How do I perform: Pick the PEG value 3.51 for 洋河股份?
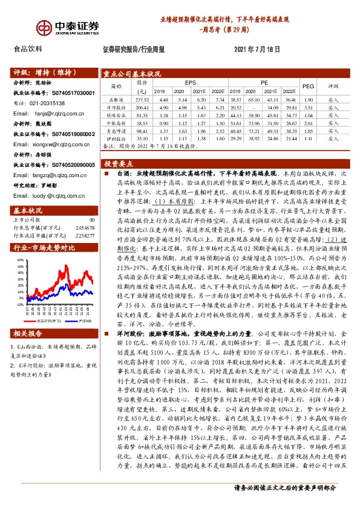coord(308,106)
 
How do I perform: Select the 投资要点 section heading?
coord(119,163)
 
